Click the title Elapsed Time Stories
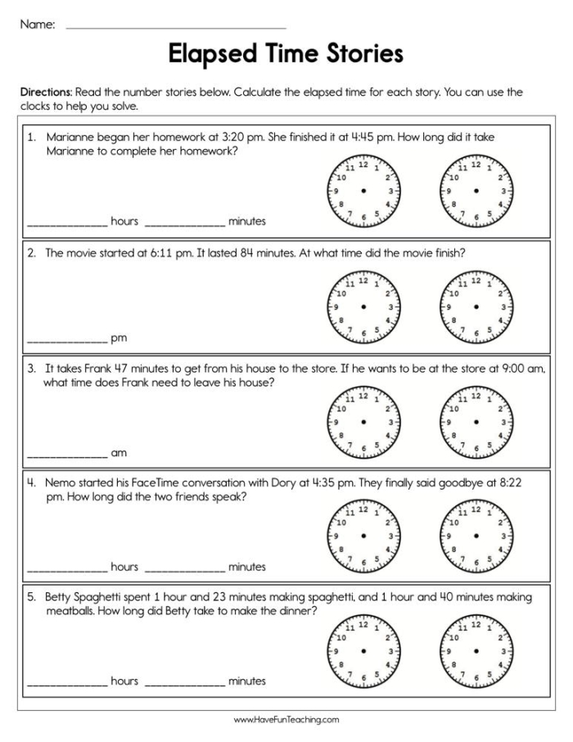pos(286,54)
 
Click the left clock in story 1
pos(363,191)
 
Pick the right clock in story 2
pos(476,306)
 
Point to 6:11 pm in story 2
pos(167,253)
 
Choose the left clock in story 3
pos(363,421)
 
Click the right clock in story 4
pos(476,535)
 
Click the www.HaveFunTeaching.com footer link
pos(286,720)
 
